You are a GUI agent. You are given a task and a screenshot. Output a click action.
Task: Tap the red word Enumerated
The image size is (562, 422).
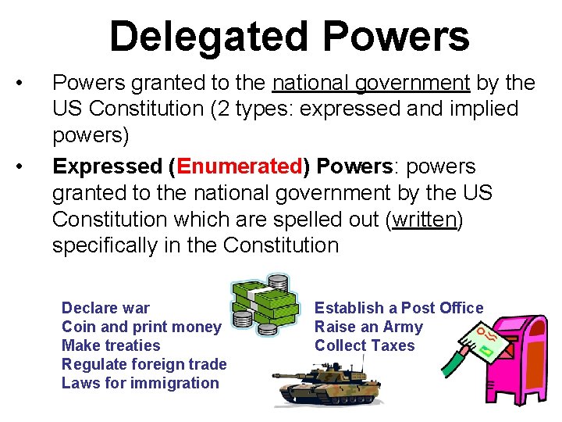240,167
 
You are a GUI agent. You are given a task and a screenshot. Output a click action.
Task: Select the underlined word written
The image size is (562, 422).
425,220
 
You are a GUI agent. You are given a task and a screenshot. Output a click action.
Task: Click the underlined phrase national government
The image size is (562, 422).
371,83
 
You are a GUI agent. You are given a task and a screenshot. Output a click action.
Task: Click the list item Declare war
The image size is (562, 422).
105,308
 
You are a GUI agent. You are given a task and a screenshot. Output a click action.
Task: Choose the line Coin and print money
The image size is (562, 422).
141,327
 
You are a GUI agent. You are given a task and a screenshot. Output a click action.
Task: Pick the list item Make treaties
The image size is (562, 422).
111,345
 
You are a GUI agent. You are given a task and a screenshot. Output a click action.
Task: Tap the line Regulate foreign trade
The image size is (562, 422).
144,364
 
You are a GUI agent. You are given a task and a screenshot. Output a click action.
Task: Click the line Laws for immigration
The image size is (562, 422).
140,383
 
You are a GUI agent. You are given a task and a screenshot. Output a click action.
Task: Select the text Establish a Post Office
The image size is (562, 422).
399,308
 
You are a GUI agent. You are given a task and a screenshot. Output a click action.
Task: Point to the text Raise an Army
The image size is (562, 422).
368,327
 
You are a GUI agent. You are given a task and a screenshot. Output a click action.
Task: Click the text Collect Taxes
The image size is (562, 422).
365,345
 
